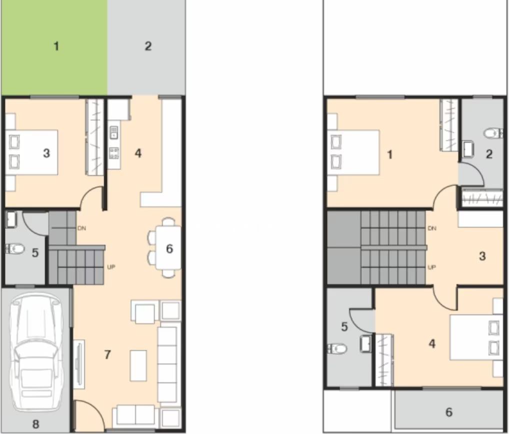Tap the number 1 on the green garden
tap(56, 46)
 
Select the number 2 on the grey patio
tap(148, 46)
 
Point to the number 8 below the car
tap(36, 424)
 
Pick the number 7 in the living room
tap(107, 355)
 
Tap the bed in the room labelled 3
tap(31, 152)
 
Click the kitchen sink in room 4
tap(114, 132)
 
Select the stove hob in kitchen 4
tap(114, 153)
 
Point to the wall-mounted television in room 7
tap(79, 364)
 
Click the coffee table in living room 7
tap(138, 366)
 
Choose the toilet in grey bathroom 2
tap(493, 133)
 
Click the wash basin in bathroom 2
tap(467, 149)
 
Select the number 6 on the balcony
tap(449, 412)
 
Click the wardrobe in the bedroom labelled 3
tap(94, 137)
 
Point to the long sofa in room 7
tap(167, 365)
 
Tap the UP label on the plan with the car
tap(111, 267)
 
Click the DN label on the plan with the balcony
tap(432, 228)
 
